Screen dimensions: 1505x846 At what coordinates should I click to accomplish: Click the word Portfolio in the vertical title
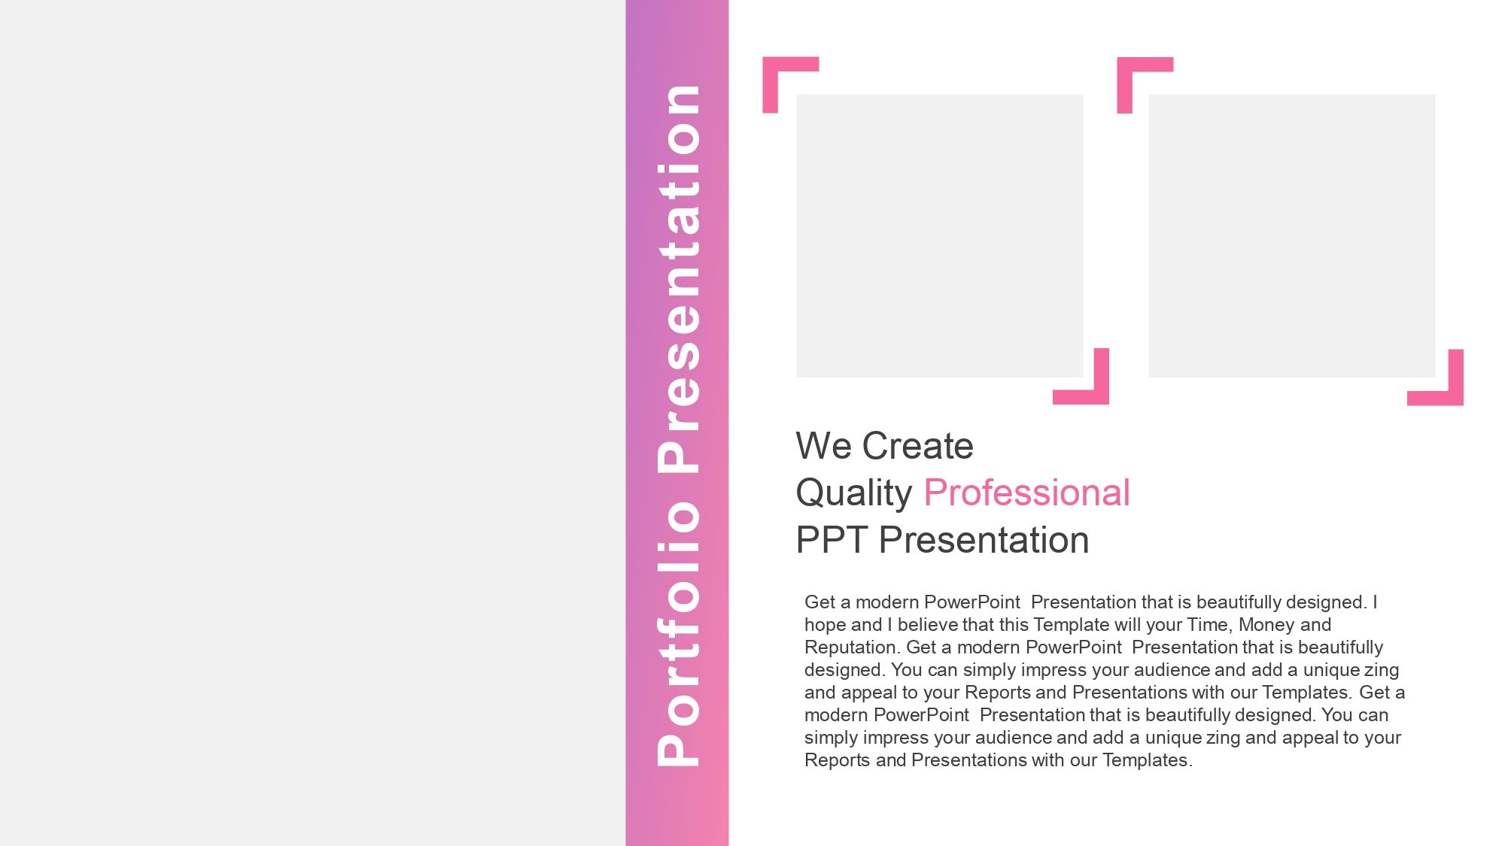click(679, 633)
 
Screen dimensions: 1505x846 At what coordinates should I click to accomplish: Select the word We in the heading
click(824, 446)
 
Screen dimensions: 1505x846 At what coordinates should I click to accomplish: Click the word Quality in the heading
click(854, 494)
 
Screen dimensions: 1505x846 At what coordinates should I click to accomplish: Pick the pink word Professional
click(1026, 493)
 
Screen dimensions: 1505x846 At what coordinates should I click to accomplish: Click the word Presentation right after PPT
click(984, 540)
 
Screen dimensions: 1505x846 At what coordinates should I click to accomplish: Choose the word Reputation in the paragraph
click(853, 648)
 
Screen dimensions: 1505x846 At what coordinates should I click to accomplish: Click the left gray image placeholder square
click(940, 235)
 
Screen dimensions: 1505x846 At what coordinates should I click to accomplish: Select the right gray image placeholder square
click(1292, 235)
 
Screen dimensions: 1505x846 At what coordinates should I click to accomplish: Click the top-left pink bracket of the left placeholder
click(771, 65)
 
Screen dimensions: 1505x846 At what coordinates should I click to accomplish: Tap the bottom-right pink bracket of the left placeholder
click(1102, 396)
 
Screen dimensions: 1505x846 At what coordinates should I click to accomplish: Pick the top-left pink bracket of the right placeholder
click(1125, 65)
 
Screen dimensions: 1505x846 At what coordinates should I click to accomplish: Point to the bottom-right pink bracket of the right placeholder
click(1456, 398)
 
